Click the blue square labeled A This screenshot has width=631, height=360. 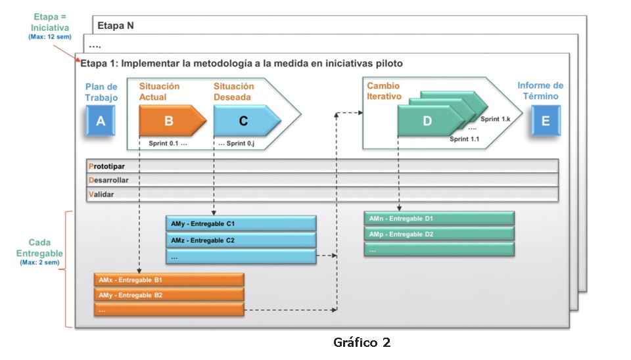point(101,121)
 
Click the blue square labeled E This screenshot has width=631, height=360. point(545,121)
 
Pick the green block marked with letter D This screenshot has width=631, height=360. point(429,122)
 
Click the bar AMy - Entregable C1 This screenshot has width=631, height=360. point(241,223)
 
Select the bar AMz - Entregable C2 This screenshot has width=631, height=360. point(241,240)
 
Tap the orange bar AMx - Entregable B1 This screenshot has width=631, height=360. point(170,280)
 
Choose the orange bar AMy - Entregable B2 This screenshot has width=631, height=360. point(170,295)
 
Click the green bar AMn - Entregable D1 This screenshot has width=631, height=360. point(438,218)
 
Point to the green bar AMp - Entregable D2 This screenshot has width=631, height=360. point(438,235)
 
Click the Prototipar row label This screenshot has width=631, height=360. point(106,166)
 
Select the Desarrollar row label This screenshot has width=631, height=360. point(108,180)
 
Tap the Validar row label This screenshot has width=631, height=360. point(102,194)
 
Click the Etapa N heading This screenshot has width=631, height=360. point(116,26)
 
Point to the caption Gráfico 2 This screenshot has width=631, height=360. point(362,342)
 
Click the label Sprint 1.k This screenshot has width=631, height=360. point(496,119)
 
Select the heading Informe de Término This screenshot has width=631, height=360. point(540,91)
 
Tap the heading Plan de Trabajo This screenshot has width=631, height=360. point(101,92)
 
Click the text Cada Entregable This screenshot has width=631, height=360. point(39,248)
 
